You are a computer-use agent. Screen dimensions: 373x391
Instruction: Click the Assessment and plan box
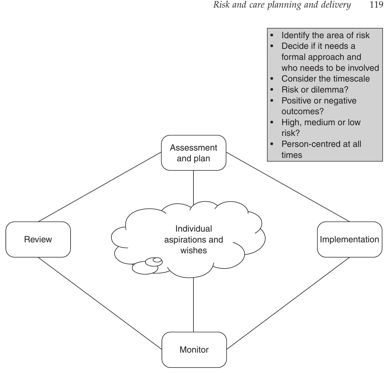(193, 153)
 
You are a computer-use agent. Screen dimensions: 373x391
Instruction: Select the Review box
(38, 239)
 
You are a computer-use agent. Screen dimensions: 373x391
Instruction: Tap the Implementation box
(349, 239)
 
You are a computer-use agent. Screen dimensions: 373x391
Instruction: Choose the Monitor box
(194, 350)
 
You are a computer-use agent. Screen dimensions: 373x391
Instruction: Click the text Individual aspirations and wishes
(193, 239)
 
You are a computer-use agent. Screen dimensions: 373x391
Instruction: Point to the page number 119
(376, 5)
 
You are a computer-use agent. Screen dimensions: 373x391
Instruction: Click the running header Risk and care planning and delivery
(282, 5)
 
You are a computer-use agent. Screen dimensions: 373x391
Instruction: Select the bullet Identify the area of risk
(325, 35)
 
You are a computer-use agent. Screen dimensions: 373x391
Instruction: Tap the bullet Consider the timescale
(325, 79)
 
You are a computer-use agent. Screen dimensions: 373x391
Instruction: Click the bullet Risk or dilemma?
(315, 90)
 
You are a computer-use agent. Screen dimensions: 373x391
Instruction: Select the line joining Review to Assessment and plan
(100, 187)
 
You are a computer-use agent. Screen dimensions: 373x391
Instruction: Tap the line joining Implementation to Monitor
(288, 303)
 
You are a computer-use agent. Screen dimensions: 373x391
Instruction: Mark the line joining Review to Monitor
(100, 303)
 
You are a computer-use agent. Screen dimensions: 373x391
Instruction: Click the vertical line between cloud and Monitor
(193, 305)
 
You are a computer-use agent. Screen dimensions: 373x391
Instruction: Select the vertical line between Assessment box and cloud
(193, 187)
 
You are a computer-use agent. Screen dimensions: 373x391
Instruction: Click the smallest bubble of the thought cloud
(157, 260)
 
